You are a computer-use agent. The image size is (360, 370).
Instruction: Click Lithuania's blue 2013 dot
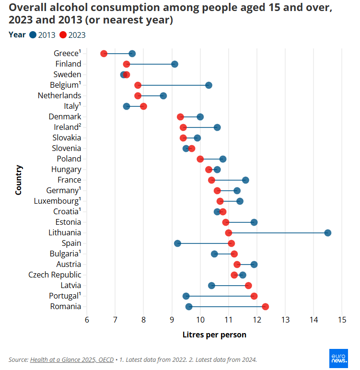coord(328,233)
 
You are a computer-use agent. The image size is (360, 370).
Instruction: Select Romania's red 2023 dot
coord(266,307)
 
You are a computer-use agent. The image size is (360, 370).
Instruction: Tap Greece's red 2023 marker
coord(104,53)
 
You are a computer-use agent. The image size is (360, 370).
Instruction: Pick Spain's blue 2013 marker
coord(177,243)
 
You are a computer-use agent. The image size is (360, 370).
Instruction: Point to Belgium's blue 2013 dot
coord(209,85)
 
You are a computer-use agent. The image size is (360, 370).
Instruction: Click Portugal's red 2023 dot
coord(254,296)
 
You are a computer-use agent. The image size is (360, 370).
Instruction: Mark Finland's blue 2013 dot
coord(174,64)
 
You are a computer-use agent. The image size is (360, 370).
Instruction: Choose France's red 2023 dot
coord(211,180)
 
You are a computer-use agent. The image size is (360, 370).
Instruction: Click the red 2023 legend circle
coord(63,35)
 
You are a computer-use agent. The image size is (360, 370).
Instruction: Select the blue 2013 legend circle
coord(33,35)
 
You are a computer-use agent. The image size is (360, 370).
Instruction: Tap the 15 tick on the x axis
coord(342,319)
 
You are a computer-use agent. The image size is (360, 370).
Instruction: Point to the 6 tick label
coord(87,319)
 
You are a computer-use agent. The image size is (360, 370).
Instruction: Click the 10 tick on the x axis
coord(200,319)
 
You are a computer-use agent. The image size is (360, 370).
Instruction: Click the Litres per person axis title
coord(214,335)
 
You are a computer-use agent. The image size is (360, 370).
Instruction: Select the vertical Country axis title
coord(19,180)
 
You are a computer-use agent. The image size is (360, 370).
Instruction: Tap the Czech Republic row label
coord(55,275)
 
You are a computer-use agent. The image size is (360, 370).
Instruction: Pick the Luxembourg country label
coord(56,201)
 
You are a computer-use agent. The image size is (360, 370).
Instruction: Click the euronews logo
coord(339,358)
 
